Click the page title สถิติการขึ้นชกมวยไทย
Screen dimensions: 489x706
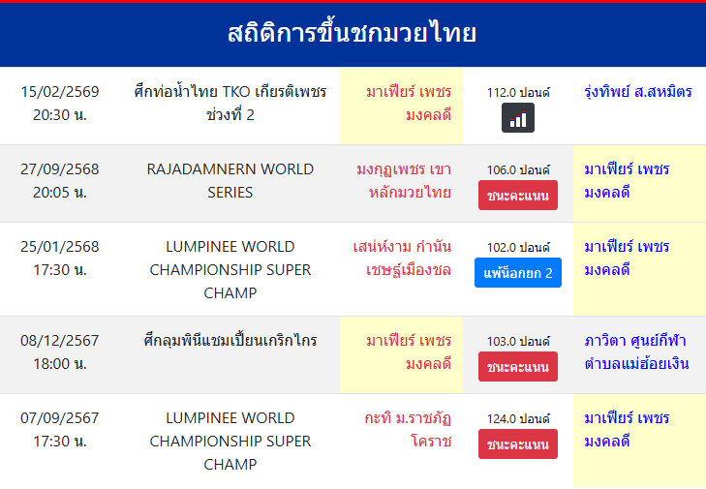tap(353, 34)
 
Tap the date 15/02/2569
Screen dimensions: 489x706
tap(59, 92)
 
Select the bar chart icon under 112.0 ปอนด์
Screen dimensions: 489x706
tap(518, 118)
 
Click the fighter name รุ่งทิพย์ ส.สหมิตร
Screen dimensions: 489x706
tap(638, 92)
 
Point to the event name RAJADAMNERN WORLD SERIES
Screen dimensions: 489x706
tap(230, 180)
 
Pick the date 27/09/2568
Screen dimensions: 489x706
tap(59, 169)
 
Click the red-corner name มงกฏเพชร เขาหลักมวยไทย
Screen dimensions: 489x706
tap(404, 180)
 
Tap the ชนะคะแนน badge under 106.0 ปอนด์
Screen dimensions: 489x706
tap(518, 196)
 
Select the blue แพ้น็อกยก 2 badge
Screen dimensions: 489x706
tap(518, 273)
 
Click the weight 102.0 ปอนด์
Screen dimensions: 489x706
tap(518, 247)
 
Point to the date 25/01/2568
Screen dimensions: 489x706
tap(59, 247)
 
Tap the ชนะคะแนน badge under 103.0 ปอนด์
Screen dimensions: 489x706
tap(518, 367)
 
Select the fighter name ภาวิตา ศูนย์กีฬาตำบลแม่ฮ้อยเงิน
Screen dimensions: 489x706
tap(636, 351)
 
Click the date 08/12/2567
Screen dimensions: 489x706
tap(59, 341)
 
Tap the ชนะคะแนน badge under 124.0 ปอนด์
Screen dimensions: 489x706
tap(518, 444)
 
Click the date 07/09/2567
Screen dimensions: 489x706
tap(59, 418)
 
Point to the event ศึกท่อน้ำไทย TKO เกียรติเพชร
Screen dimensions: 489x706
tap(230, 92)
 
